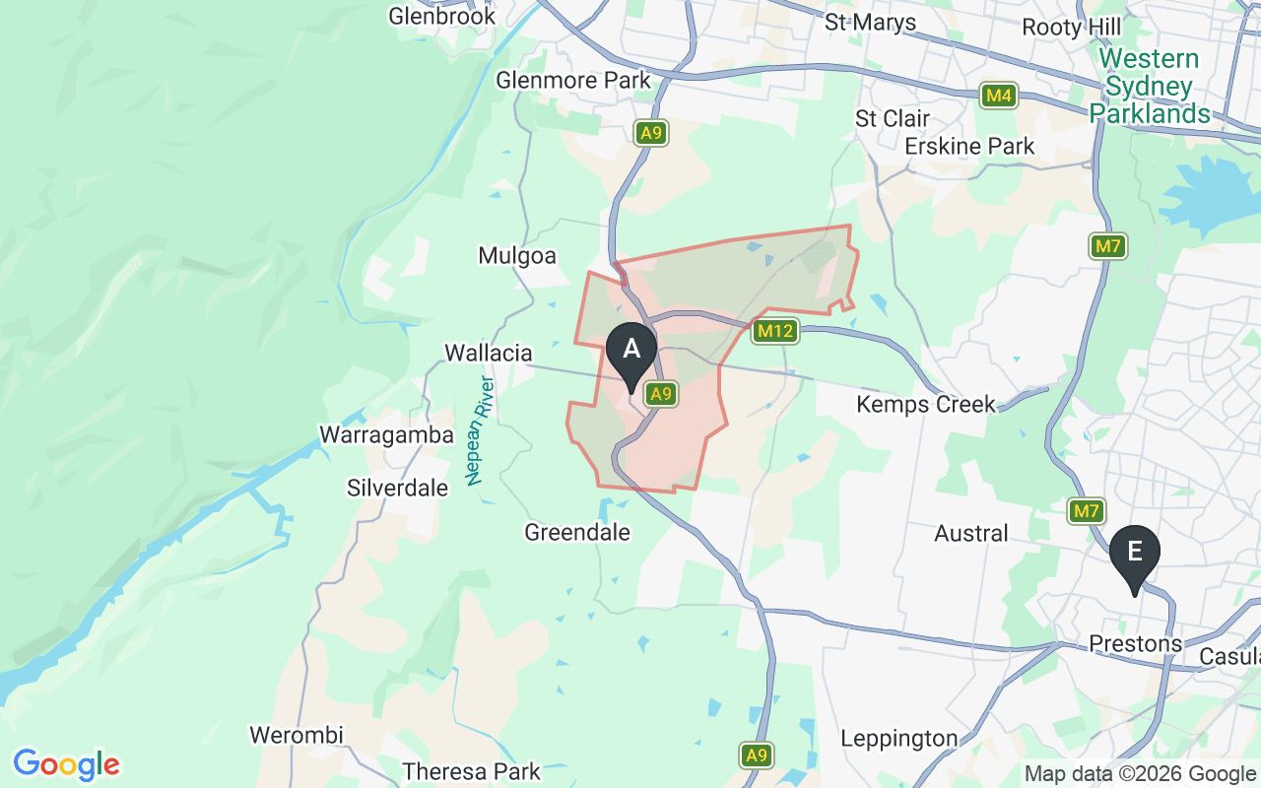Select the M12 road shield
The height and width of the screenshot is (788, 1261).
pyautogui.click(x=773, y=331)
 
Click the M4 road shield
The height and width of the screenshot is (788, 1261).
pyautogui.click(x=998, y=96)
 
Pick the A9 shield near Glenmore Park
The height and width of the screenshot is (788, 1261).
pyautogui.click(x=650, y=133)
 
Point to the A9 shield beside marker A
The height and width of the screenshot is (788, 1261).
pyautogui.click(x=660, y=394)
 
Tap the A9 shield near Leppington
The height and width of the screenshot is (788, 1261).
pyautogui.click(x=756, y=755)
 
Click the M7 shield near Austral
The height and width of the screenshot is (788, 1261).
pyautogui.click(x=1087, y=511)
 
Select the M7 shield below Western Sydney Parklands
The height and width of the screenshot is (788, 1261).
pyautogui.click(x=1108, y=245)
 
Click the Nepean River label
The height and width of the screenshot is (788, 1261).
pyautogui.click(x=480, y=429)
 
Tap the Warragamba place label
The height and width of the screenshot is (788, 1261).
pyautogui.click(x=386, y=435)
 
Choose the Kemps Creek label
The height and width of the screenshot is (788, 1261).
pyautogui.click(x=926, y=404)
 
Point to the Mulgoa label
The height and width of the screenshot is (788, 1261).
pyautogui.click(x=517, y=256)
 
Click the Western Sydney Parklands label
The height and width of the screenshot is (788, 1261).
pyautogui.click(x=1149, y=87)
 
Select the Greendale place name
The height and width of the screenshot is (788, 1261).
pyautogui.click(x=577, y=533)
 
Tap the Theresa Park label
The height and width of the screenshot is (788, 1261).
pyautogui.click(x=472, y=770)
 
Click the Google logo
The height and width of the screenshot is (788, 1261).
pyautogui.click(x=66, y=763)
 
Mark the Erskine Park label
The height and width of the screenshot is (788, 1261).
pyautogui.click(x=969, y=147)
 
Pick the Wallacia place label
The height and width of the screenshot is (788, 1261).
pyautogui.click(x=489, y=353)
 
